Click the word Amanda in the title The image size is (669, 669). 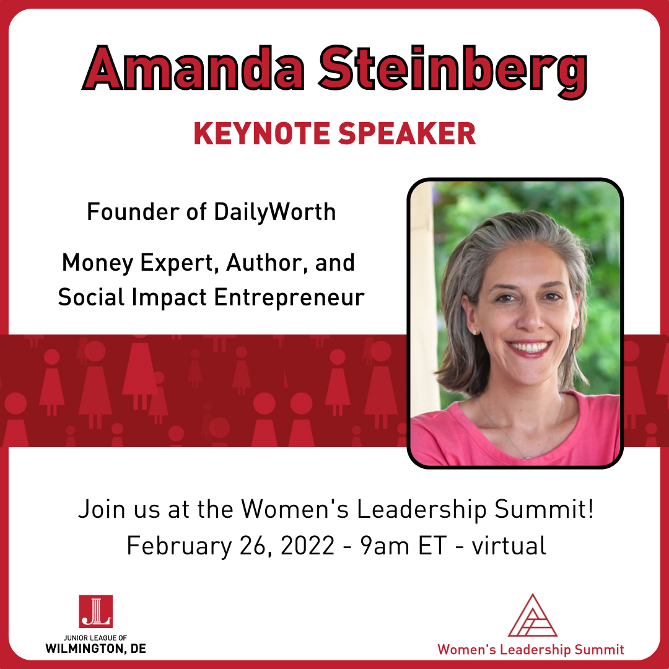193,68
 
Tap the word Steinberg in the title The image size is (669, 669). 453,72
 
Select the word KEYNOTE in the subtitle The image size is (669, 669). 262,134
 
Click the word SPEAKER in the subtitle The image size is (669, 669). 407,134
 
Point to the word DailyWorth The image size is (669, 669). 275,212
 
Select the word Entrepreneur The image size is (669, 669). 289,297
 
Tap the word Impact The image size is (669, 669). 169,297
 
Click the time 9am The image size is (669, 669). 385,546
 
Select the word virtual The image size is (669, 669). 509,545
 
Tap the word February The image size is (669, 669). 179,546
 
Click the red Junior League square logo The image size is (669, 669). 95,611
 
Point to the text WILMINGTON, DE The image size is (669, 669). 95,649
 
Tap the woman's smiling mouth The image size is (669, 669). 528,348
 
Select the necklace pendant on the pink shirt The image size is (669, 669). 528,457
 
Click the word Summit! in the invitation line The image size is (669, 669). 544,509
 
